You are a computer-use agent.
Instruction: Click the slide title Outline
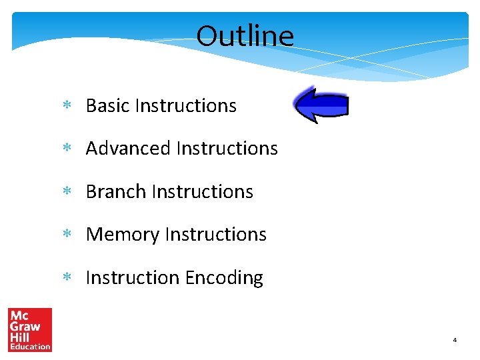pos(245,36)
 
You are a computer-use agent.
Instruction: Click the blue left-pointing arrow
pos(321,105)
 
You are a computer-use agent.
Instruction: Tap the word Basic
pos(108,105)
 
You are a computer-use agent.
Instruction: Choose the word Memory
pos(123,235)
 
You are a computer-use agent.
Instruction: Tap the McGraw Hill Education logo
pos(29,329)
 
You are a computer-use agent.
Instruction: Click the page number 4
pos(455,340)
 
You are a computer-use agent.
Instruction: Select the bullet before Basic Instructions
pos(67,106)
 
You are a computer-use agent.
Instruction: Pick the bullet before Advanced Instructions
pos(67,149)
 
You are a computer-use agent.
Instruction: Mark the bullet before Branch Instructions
pos(67,192)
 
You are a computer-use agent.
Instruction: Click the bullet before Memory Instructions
pos(67,235)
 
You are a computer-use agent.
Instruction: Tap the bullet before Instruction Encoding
pos(67,278)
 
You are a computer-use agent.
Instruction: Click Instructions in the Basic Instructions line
pos(185,105)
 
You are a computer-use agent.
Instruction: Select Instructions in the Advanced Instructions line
pos(227,148)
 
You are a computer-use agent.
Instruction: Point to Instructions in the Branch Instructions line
pos(202,191)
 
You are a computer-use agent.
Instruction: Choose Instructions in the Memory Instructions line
pos(215,235)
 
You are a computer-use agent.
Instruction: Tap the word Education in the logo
pos(29,346)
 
